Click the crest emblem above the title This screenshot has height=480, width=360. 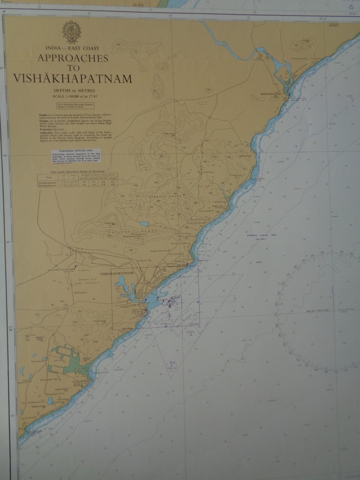coord(72,31)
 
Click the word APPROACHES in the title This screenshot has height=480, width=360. coord(73,58)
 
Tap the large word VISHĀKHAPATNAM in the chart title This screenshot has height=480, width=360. coord(73,78)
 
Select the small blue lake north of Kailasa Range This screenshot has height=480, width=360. coord(144,224)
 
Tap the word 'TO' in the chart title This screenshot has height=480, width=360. coord(73,68)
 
